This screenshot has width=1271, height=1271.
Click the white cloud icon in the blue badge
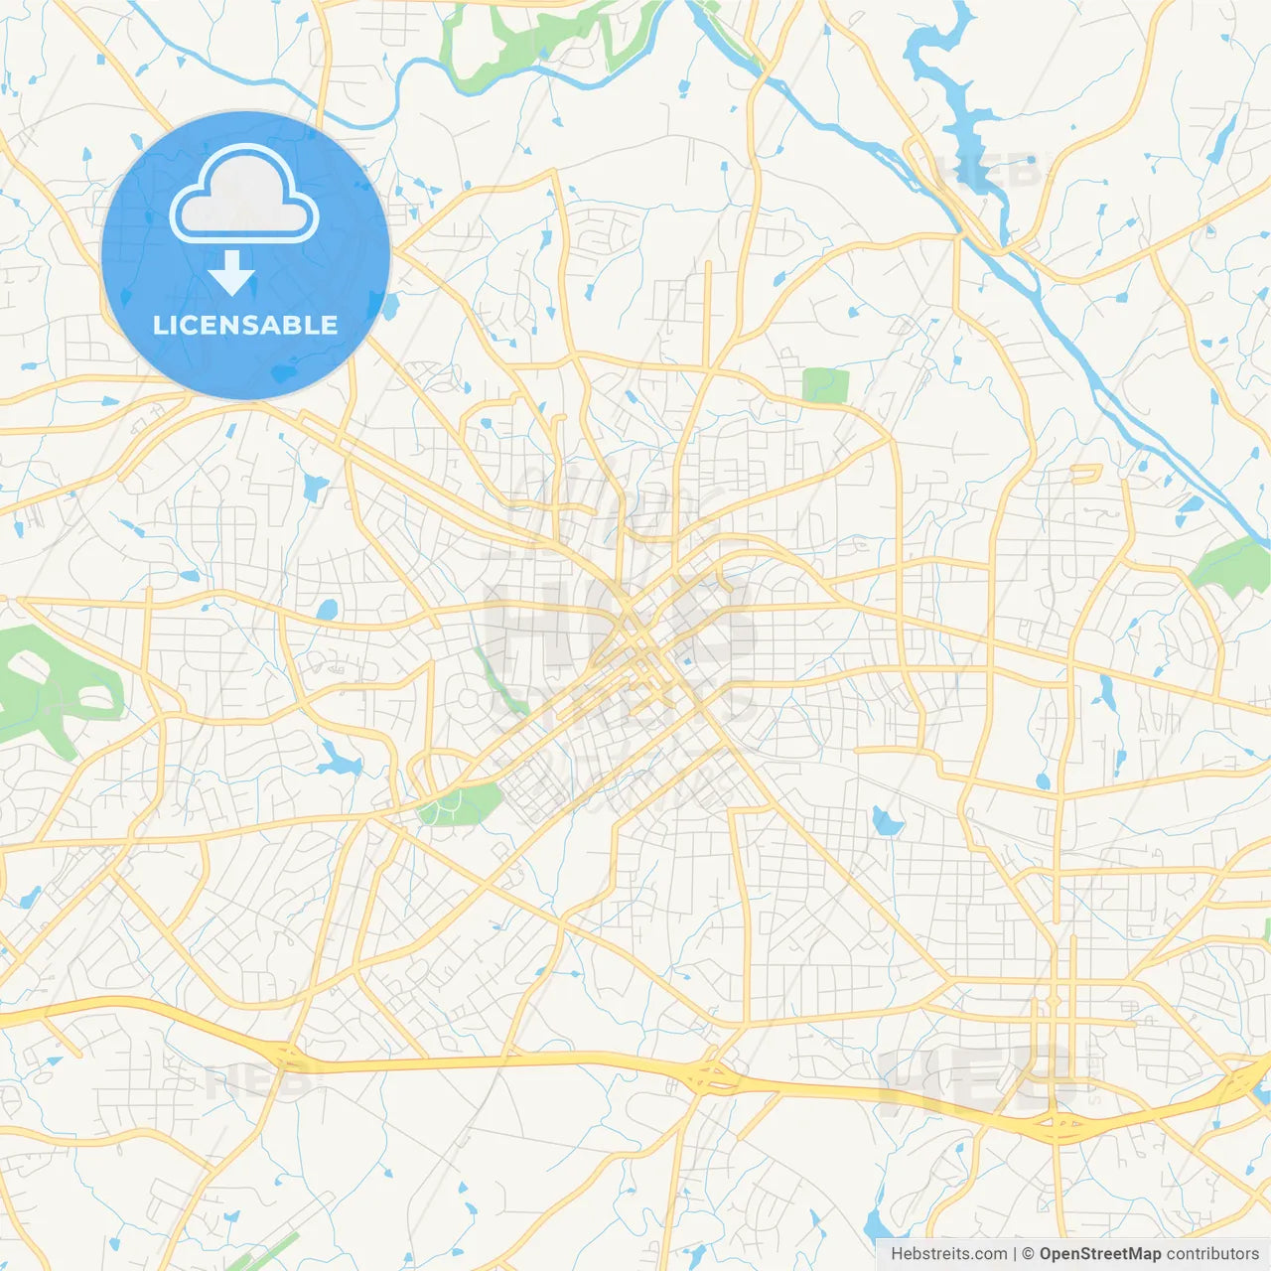point(243,195)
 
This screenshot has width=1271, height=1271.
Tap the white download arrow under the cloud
point(231,273)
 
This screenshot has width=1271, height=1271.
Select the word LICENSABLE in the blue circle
point(245,325)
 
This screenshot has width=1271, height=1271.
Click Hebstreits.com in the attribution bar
point(948,1254)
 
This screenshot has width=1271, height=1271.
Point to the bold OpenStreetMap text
point(1100,1254)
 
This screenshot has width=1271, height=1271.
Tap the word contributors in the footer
point(1212,1254)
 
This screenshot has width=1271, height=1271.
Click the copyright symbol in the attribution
point(1028,1254)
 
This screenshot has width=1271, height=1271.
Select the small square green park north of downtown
point(825,385)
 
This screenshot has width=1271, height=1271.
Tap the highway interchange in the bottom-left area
point(283,1056)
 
